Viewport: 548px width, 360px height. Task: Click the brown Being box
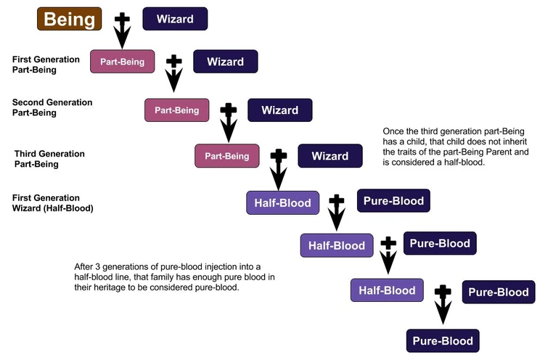(x=69, y=19)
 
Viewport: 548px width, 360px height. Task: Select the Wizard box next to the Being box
(x=175, y=19)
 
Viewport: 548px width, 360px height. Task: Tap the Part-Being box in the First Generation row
(x=122, y=62)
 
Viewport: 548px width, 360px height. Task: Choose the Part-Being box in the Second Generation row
(x=177, y=110)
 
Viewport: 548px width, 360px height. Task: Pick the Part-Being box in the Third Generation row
(x=226, y=156)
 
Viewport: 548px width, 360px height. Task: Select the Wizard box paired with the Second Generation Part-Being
(x=279, y=110)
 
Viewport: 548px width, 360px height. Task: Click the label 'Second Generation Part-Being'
(x=52, y=108)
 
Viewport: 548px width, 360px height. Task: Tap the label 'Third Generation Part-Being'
(x=49, y=159)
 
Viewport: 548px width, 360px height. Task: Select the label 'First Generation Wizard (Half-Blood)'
(x=52, y=203)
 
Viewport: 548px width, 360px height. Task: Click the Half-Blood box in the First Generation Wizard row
(x=284, y=203)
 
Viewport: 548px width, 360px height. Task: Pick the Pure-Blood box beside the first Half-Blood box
(x=394, y=200)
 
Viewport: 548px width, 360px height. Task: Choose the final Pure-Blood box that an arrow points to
(x=443, y=341)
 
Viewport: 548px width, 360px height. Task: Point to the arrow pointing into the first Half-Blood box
(x=277, y=168)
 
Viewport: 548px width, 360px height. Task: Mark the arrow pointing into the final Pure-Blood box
(x=442, y=305)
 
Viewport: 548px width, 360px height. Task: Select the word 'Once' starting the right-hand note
(x=394, y=131)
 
